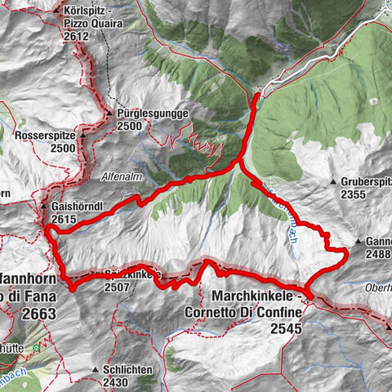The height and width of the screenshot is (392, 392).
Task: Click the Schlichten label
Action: point(128,369)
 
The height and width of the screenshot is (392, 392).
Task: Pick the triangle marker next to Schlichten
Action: point(96,369)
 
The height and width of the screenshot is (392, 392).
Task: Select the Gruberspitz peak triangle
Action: point(333,181)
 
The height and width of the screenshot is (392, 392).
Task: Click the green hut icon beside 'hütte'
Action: point(36,349)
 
